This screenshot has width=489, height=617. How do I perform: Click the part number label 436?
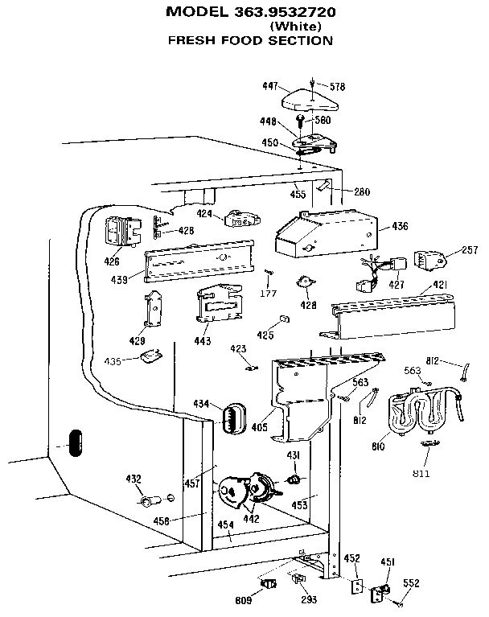(401, 227)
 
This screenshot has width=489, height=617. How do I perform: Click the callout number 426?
(112, 261)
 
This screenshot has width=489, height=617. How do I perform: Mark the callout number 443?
(202, 341)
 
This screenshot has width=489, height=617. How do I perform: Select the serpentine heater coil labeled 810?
(420, 412)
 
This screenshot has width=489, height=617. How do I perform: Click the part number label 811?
(421, 474)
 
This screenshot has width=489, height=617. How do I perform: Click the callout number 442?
(252, 520)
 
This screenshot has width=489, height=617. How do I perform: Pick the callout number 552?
(412, 583)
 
